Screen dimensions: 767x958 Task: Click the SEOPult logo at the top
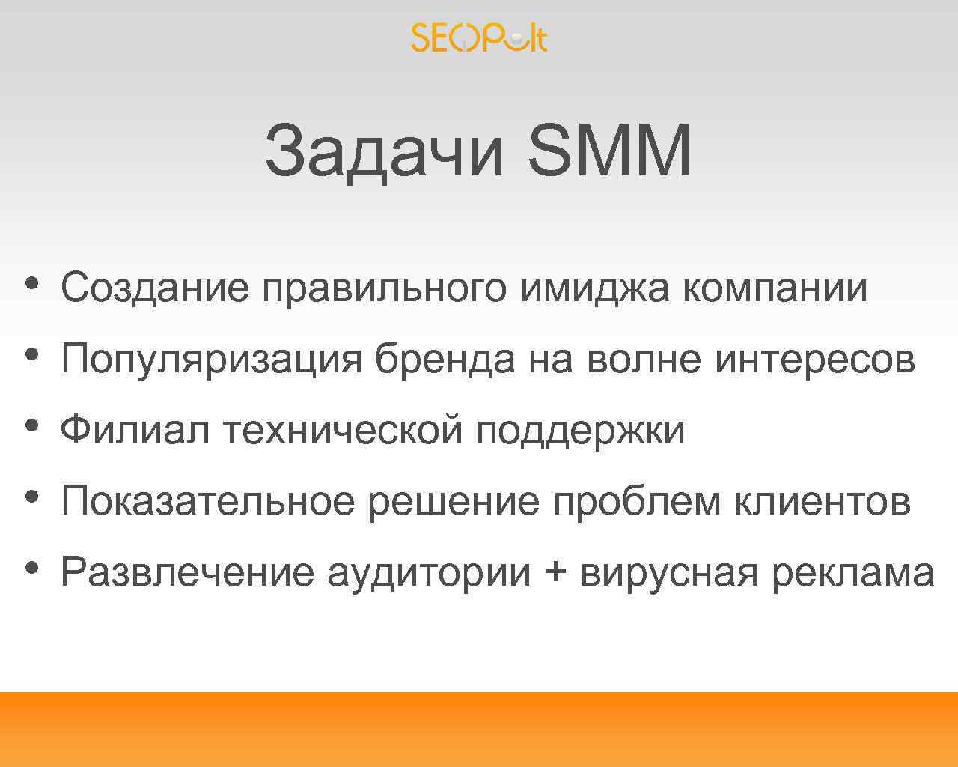pyautogui.click(x=479, y=37)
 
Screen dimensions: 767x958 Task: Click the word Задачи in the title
pyautogui.click(x=384, y=152)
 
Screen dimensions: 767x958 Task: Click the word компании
pyautogui.click(x=775, y=288)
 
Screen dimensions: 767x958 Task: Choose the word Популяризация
pyautogui.click(x=211, y=360)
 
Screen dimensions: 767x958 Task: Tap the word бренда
pyautogui.click(x=445, y=360)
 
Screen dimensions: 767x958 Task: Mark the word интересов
pyautogui.click(x=815, y=360)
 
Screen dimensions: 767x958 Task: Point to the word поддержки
pyautogui.click(x=580, y=431)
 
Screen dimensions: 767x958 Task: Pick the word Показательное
pyautogui.click(x=207, y=501)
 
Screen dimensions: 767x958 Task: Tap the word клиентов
pyautogui.click(x=822, y=501)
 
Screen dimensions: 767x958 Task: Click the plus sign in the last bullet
pyautogui.click(x=555, y=573)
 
